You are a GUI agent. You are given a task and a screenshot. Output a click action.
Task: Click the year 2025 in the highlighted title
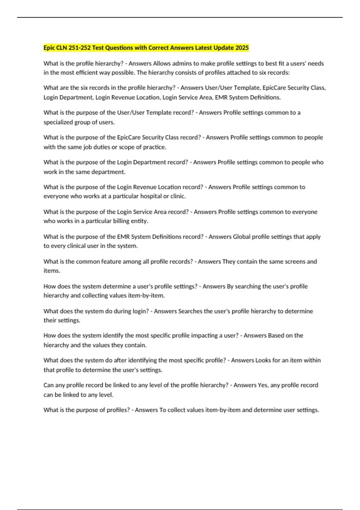point(242,48)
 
